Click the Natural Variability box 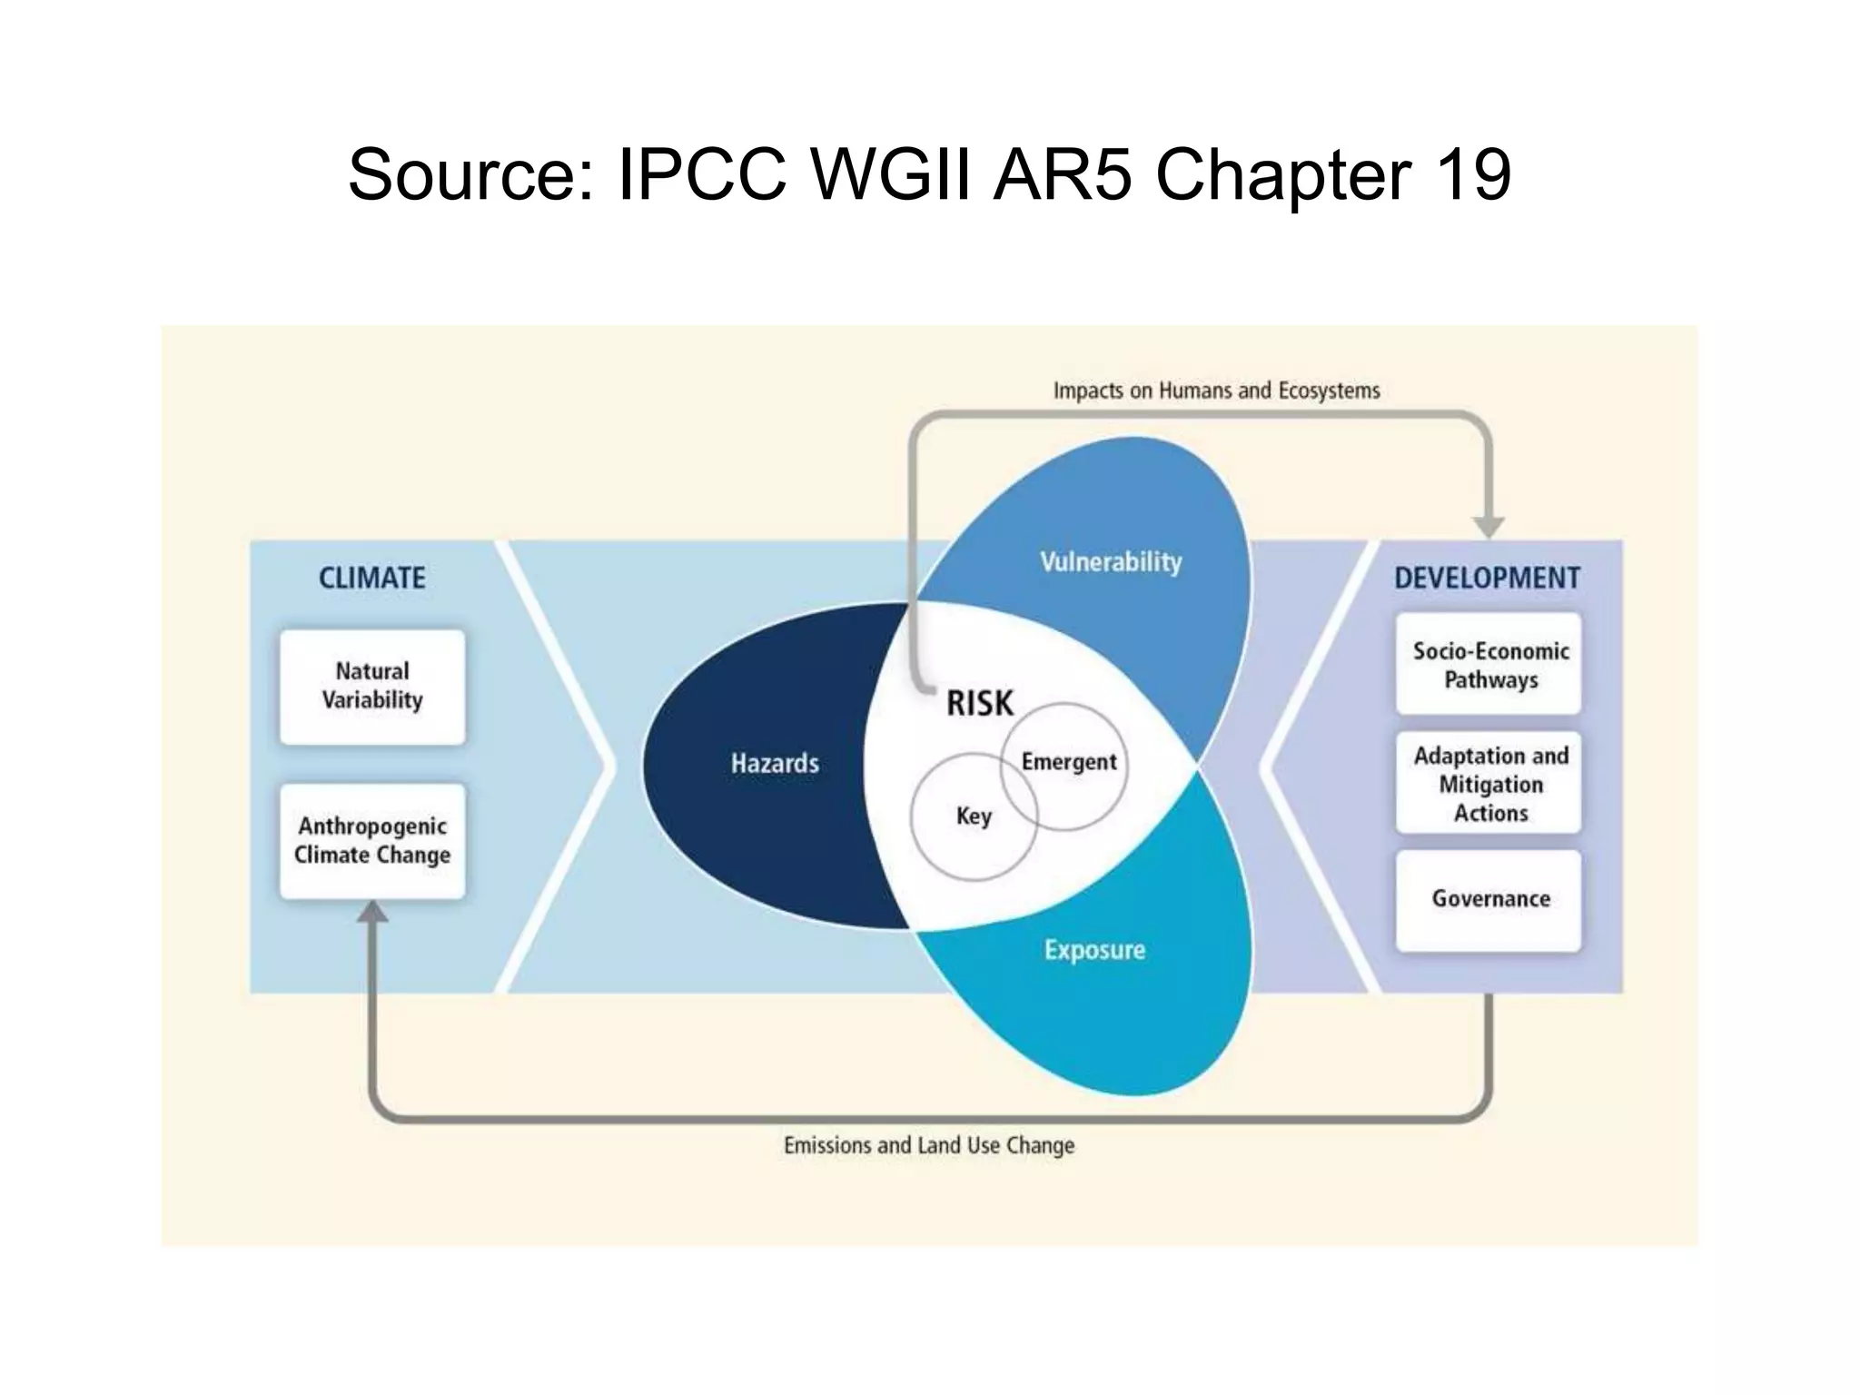point(372,687)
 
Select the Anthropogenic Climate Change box point(372,841)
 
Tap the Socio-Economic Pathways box point(1489,665)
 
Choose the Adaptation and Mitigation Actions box point(1489,784)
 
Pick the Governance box point(1489,899)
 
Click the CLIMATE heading point(372,579)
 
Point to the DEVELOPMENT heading point(1487,579)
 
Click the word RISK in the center point(979,704)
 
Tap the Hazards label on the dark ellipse point(775,764)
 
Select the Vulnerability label point(1111,562)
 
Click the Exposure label point(1094,951)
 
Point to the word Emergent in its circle point(1069,762)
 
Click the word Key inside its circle point(974,816)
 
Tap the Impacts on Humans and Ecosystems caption point(1216,391)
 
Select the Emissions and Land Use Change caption point(929,1146)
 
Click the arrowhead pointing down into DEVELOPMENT point(1489,526)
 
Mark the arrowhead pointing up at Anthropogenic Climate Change point(372,912)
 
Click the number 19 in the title point(1474,174)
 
